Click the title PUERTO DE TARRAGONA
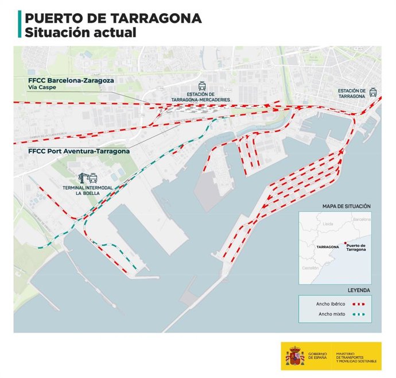113,18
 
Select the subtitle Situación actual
80,32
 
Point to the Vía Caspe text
41,88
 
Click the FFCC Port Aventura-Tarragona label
79,151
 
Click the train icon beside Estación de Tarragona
373,92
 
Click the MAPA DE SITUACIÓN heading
346,206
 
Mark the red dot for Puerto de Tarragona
344,243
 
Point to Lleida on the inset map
329,223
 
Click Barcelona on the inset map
362,219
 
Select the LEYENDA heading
358,290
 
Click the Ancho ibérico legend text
330,303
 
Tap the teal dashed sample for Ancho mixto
359,315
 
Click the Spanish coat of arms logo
295,357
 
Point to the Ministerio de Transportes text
357,357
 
